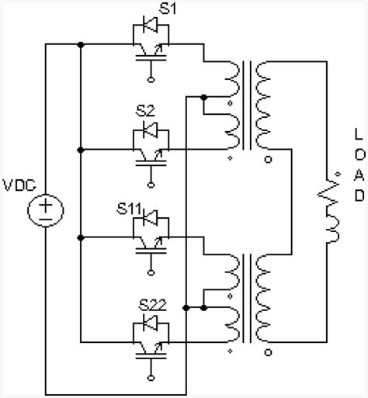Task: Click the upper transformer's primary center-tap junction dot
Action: coord(203,98)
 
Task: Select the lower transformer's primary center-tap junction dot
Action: coord(203,308)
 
